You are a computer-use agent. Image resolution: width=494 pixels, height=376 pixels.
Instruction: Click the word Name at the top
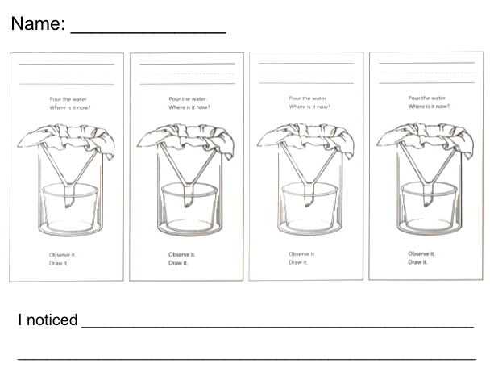38,23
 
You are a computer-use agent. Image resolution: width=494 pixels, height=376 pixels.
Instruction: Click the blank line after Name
149,32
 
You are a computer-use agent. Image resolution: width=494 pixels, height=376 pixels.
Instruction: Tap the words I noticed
48,320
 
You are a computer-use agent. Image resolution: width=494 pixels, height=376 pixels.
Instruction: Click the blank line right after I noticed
277,328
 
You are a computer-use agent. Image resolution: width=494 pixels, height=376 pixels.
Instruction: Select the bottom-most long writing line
247,359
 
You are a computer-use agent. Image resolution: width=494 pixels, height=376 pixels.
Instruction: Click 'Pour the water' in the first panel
68,99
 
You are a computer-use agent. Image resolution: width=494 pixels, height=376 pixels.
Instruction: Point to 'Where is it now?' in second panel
189,107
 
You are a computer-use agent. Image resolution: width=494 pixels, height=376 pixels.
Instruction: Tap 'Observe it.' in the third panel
301,254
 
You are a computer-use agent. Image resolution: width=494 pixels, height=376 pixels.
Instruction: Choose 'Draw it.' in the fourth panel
417,262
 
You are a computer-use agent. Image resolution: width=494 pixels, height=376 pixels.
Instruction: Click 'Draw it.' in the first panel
59,263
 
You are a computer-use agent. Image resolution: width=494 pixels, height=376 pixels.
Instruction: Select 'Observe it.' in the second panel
182,254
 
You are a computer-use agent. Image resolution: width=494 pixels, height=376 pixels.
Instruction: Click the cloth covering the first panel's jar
66,138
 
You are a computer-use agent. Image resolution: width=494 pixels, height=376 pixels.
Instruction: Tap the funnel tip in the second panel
188,204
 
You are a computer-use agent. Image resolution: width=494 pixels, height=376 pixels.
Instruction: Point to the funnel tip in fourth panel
427,203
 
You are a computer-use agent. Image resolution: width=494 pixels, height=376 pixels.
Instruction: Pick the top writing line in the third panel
306,64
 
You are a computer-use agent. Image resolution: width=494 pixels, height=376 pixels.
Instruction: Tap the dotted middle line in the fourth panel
427,73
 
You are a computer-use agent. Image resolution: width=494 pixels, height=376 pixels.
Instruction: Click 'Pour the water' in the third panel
308,98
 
